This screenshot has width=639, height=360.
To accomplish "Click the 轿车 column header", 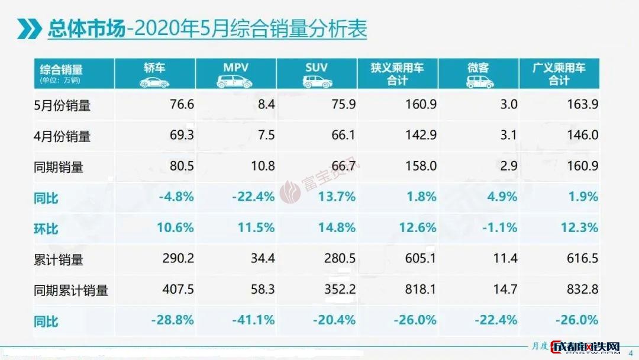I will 154,67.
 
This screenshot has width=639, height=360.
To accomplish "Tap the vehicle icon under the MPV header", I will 235,82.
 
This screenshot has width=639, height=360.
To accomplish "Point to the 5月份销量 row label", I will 62,105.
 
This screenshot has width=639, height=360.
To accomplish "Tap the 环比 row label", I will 47,228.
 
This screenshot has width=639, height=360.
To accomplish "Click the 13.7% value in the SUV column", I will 335,197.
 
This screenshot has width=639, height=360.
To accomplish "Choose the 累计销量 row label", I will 58,259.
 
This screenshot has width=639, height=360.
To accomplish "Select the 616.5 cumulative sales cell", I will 582,258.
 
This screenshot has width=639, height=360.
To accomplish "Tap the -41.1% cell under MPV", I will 253,320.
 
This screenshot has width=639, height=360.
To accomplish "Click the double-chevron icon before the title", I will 29,27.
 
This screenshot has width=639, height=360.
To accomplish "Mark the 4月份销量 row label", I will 62,136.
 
